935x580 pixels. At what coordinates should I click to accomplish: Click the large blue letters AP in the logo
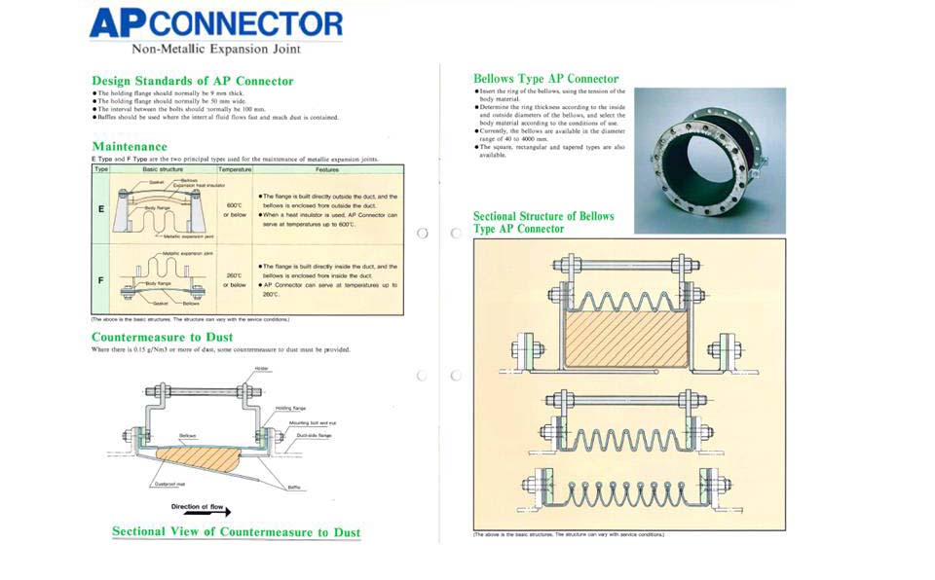point(117,23)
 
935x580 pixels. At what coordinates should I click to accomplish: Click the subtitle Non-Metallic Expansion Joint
point(216,49)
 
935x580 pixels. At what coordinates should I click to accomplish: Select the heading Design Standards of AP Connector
point(192,81)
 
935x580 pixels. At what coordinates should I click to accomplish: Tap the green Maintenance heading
point(130,147)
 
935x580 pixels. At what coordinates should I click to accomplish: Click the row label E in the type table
point(100,208)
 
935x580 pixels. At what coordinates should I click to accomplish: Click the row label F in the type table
point(100,279)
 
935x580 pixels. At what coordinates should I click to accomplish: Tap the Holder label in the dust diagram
point(261,369)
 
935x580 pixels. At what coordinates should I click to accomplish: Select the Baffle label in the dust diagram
point(293,486)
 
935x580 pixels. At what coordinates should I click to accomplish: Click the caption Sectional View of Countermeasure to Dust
point(236,532)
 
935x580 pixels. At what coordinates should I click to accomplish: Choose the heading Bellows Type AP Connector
point(545,79)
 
